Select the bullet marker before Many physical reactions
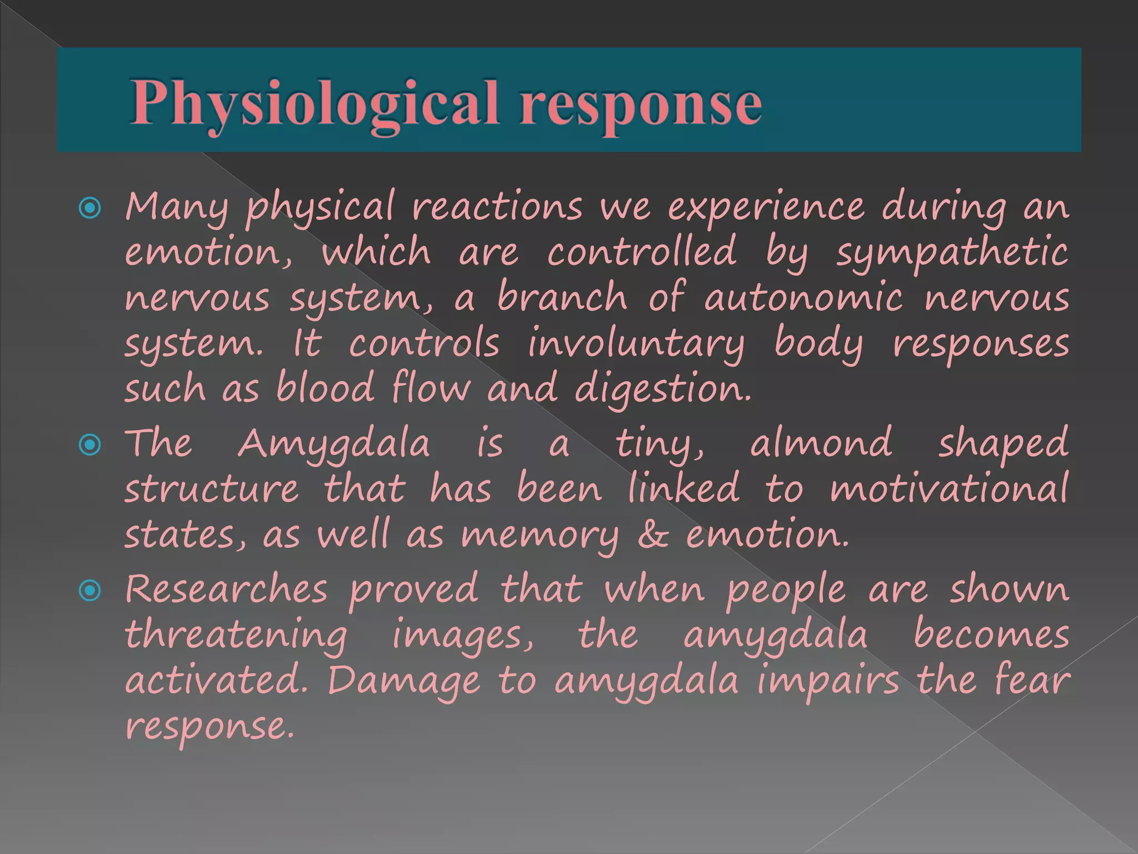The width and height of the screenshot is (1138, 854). click(x=90, y=208)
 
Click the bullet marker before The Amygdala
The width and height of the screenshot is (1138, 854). click(x=90, y=445)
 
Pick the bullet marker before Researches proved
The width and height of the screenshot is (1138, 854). click(x=90, y=590)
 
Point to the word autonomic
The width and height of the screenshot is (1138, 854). click(x=803, y=297)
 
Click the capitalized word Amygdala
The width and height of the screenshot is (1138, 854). click(x=334, y=445)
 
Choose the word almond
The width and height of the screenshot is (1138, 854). click(x=821, y=444)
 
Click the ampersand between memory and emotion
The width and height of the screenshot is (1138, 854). click(x=653, y=534)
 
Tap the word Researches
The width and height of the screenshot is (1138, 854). click(x=226, y=589)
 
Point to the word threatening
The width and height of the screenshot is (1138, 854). click(x=236, y=636)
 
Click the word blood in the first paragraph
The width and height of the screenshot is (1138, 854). click(x=325, y=388)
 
